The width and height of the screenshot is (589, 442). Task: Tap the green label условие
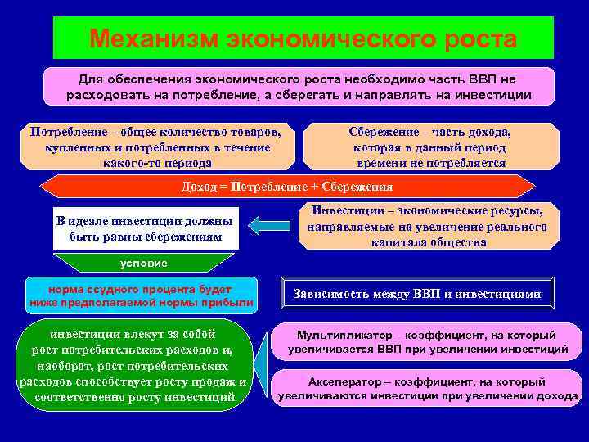coord(143,264)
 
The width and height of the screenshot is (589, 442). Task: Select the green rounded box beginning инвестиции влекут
coord(133,365)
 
